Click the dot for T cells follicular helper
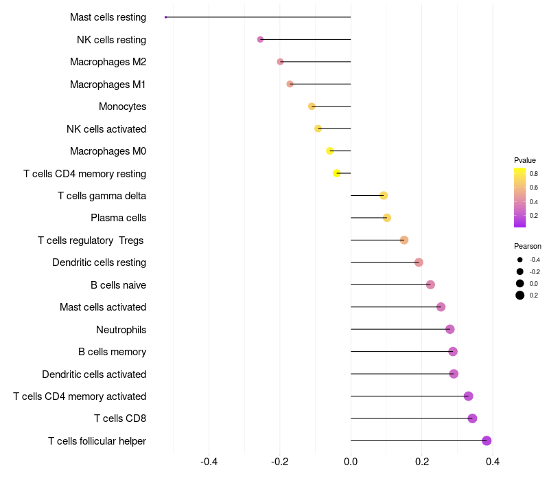[x=487, y=440]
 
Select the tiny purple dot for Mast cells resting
[x=165, y=17]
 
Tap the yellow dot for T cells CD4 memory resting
[x=336, y=173]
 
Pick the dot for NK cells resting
[x=260, y=40]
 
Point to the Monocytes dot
[x=312, y=107]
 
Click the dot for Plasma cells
[x=386, y=218]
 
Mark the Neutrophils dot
[x=450, y=329]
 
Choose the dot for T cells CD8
[x=472, y=418]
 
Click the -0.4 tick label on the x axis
[x=209, y=462]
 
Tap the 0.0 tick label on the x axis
[x=351, y=462]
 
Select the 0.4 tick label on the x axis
[x=492, y=462]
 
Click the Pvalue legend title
[x=524, y=160]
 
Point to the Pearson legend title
[x=527, y=246]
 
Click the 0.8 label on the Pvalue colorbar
[x=534, y=174]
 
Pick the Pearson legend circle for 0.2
[x=520, y=295]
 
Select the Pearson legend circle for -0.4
[x=520, y=260]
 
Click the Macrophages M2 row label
[x=108, y=62]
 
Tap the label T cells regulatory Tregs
[x=91, y=240]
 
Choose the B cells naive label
[x=118, y=285]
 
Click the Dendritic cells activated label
[x=94, y=374]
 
